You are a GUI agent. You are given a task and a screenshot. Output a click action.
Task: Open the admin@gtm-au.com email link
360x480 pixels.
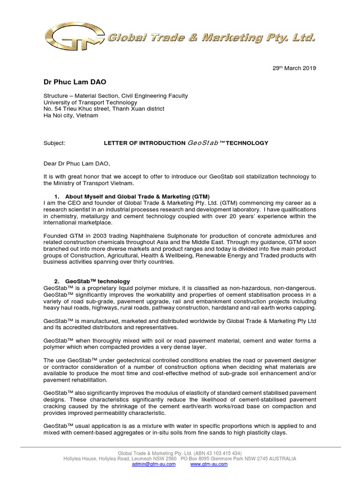154,464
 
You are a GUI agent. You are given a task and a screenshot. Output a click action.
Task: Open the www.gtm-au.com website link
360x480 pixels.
209,464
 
